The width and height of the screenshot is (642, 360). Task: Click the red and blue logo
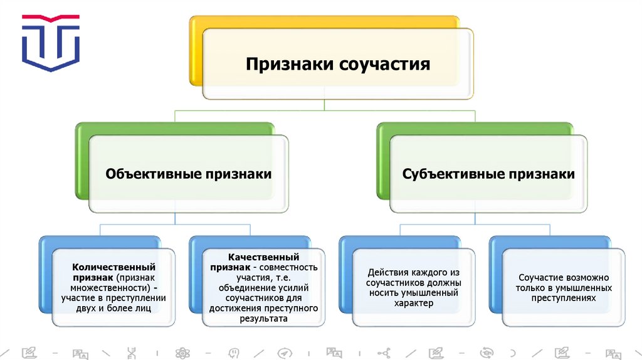pos(51,43)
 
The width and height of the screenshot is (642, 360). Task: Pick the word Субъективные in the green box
pos(451,174)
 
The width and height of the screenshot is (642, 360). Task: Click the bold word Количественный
pos(113,267)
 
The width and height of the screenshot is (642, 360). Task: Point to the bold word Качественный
pos(255,257)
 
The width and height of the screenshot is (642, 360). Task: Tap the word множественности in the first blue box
pos(107,288)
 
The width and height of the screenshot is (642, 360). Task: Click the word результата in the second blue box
pos(263,319)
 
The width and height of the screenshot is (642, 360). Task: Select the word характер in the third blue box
pos(414,304)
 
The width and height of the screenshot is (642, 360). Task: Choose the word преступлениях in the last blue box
pos(563,299)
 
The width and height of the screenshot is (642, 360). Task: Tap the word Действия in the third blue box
pos(389,272)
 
